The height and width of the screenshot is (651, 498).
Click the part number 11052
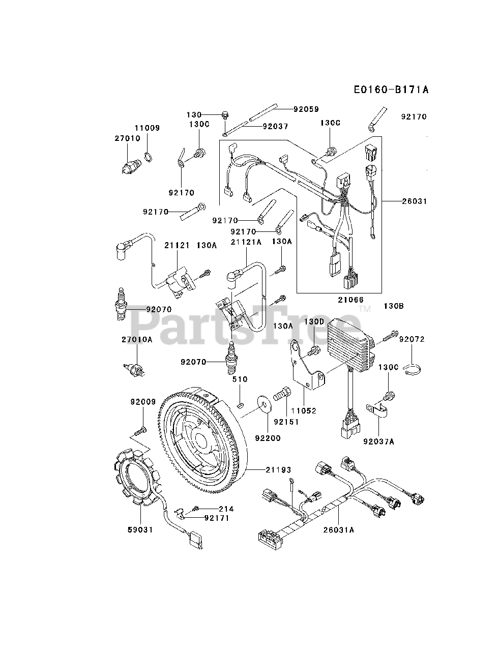[x=317, y=410]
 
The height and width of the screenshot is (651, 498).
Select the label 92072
[x=412, y=339]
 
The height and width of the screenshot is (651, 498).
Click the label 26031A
[x=338, y=529]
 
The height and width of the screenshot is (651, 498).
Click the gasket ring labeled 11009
[x=148, y=157]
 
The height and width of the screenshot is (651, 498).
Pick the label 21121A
[x=246, y=242]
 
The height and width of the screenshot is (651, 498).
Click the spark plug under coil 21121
[x=121, y=304]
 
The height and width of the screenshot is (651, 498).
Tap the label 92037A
[x=379, y=442]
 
